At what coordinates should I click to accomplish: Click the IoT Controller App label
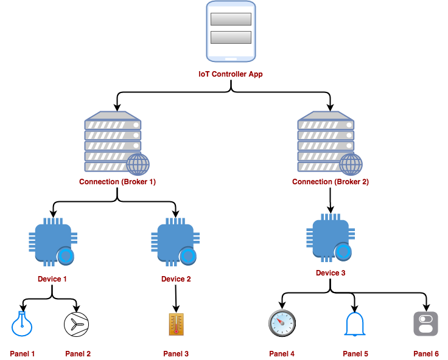231,74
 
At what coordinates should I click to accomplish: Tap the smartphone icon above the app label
231,31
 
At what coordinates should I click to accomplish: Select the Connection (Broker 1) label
117,181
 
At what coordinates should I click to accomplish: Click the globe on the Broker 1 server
138,164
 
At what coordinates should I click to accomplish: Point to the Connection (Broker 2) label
331,181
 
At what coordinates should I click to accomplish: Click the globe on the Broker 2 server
351,164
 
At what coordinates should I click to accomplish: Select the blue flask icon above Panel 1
22,324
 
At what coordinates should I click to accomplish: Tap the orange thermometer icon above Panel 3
176,324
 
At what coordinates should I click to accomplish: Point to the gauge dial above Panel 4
282,324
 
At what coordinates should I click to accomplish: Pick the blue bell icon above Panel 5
355,324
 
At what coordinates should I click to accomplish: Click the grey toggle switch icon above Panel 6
425,324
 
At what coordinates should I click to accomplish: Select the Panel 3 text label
176,353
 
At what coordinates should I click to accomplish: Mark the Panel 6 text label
425,353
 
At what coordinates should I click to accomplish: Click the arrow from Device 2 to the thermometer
176,297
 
